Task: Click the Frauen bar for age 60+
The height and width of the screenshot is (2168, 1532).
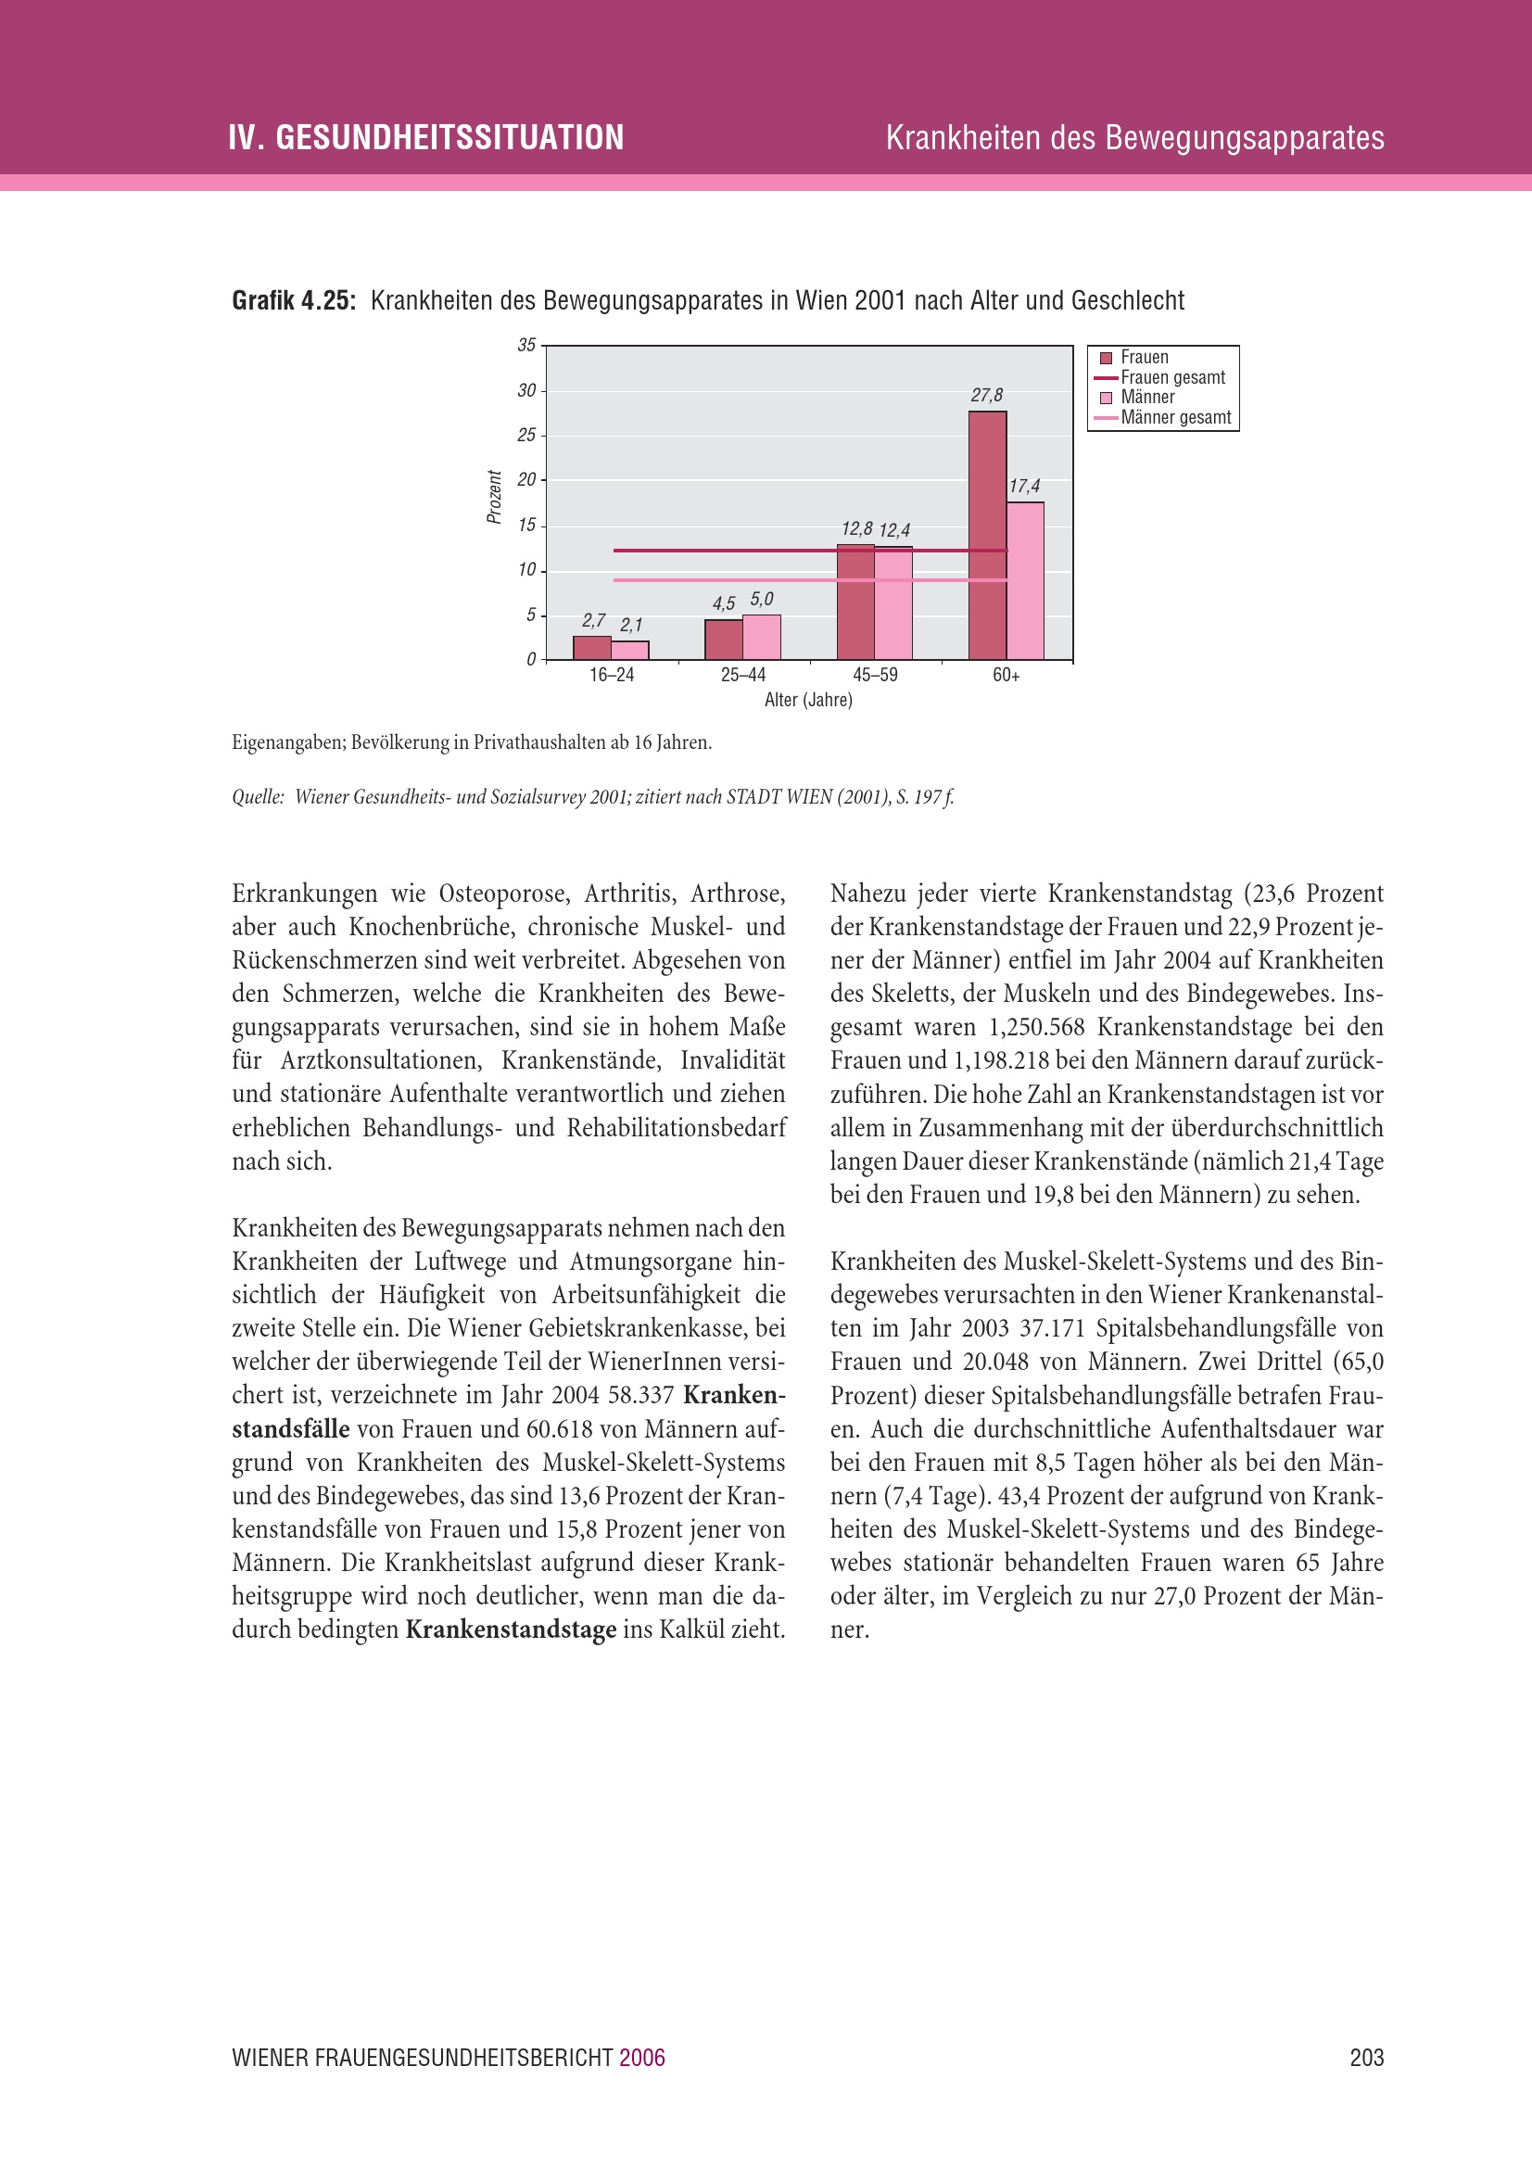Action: coord(987,535)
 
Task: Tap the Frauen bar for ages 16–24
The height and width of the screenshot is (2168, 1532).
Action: coord(592,648)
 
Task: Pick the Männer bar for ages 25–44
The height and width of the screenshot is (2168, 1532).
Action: coord(762,638)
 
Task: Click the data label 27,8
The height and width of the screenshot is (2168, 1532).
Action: coord(986,396)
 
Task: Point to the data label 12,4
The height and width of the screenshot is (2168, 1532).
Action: coord(894,531)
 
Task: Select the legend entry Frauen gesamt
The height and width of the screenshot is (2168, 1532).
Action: coord(1172,377)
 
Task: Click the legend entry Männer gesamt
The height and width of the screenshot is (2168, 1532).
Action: coord(1175,417)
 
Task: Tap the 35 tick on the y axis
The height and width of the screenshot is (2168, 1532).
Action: coord(525,346)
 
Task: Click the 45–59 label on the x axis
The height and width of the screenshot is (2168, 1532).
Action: coord(875,675)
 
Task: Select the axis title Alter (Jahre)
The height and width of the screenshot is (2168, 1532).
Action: coord(808,700)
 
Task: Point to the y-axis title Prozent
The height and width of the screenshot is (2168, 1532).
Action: coord(494,497)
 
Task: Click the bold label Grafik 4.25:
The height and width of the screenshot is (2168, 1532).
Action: coord(294,301)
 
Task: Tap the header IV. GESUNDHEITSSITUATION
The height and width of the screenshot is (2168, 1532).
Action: coord(425,138)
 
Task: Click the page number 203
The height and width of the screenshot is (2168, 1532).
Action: coord(1367,2058)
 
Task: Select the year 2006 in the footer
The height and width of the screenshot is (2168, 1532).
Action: coord(642,2058)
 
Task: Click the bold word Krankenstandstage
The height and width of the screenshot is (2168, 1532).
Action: coord(511,1629)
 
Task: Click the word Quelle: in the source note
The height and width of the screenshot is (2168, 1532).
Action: coord(258,797)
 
